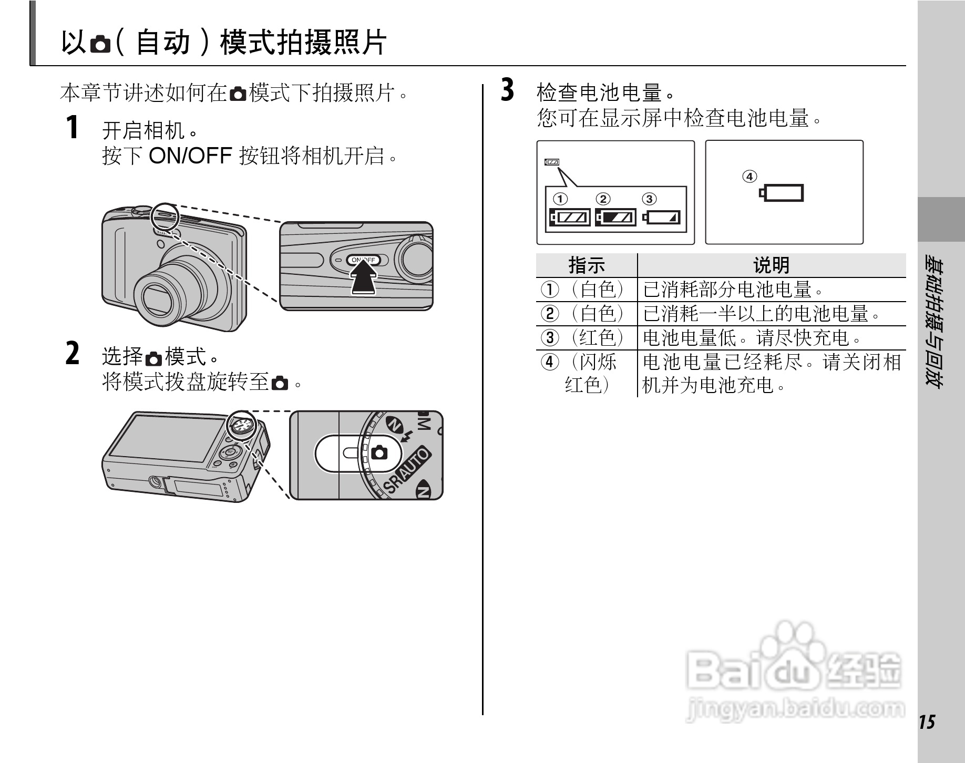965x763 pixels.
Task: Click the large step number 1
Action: [x=73, y=128]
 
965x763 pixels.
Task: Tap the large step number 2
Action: [x=73, y=353]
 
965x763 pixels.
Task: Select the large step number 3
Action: [x=507, y=90]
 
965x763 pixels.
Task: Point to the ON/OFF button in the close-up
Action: [x=363, y=260]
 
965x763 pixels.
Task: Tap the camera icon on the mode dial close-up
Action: [x=379, y=452]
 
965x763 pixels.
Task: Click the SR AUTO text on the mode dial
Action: [x=406, y=470]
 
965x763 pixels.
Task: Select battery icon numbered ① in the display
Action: [x=570, y=217]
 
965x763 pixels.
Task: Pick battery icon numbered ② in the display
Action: [x=615, y=217]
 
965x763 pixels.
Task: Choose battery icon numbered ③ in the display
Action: [x=661, y=217]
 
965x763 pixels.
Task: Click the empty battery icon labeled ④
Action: [x=782, y=193]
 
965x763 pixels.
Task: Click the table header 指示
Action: [x=587, y=265]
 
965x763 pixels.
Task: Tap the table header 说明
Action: [x=772, y=265]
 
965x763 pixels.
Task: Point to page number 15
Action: [x=928, y=722]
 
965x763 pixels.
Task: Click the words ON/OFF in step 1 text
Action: [x=191, y=156]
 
